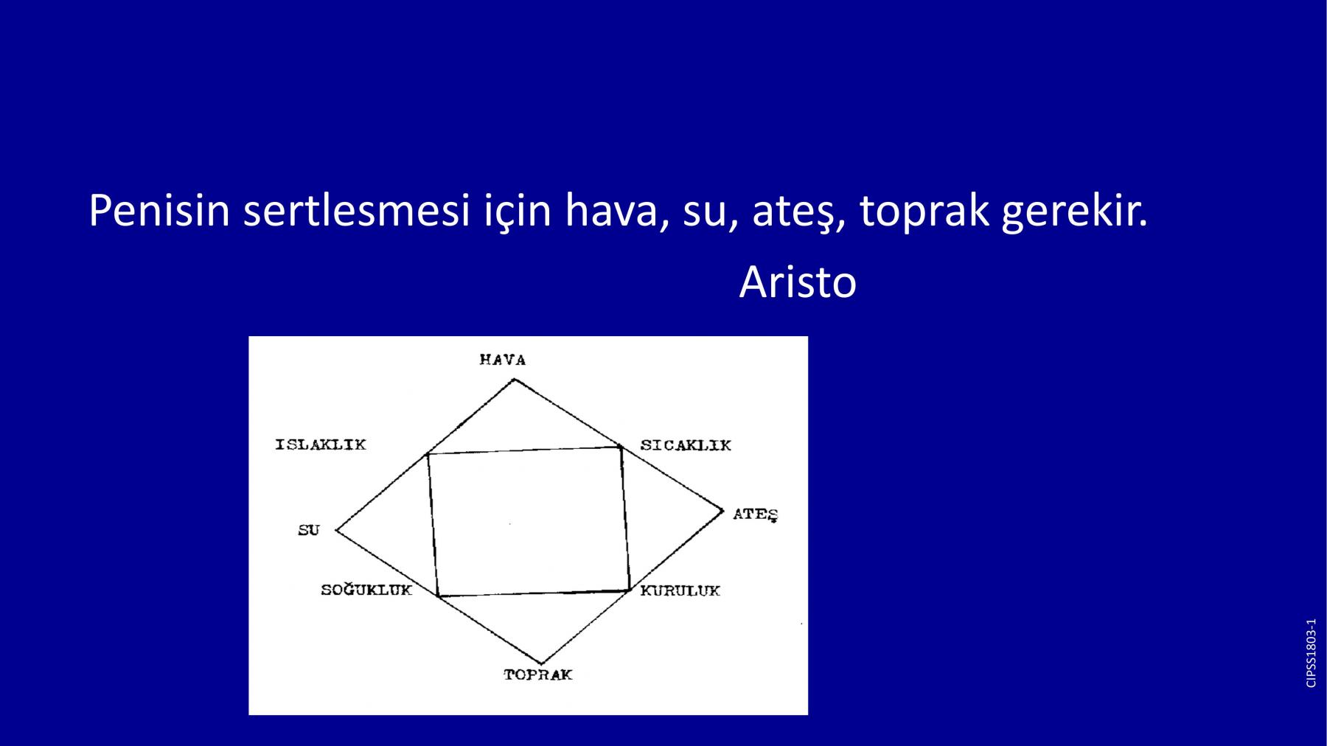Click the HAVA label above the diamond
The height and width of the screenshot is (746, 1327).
tap(502, 360)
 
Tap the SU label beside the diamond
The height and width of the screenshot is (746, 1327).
tap(309, 530)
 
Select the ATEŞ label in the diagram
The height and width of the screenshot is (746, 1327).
tap(756, 515)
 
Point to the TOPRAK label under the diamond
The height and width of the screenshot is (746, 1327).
tap(538, 674)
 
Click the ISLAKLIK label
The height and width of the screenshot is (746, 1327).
tap(321, 445)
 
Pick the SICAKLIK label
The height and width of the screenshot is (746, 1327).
tap(686, 445)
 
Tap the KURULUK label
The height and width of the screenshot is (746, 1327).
tap(680, 590)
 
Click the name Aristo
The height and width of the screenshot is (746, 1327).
tap(798, 282)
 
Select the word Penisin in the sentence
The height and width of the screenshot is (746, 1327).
tap(159, 211)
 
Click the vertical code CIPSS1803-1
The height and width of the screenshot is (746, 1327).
tap(1311, 653)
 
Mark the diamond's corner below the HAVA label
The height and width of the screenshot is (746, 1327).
tap(515, 379)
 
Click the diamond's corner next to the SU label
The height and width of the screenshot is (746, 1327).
tap(336, 530)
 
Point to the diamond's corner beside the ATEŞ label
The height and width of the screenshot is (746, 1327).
tap(724, 509)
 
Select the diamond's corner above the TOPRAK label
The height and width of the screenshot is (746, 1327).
tap(541, 663)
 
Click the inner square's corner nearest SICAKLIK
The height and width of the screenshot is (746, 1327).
tap(620, 447)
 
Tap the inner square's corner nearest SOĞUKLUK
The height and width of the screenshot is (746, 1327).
tap(438, 596)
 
